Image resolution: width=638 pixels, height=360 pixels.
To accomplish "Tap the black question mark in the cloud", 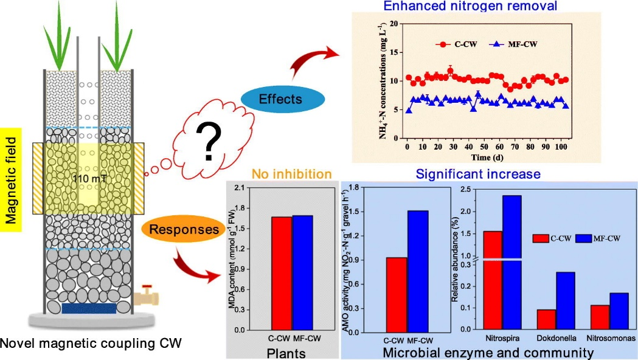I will click(x=210, y=144).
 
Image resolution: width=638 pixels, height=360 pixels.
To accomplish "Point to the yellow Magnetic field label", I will click(x=11, y=176).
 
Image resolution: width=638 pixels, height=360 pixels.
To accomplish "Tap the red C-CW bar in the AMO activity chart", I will click(x=396, y=294).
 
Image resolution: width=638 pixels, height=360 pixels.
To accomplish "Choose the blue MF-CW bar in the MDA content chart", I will click(x=302, y=272).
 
